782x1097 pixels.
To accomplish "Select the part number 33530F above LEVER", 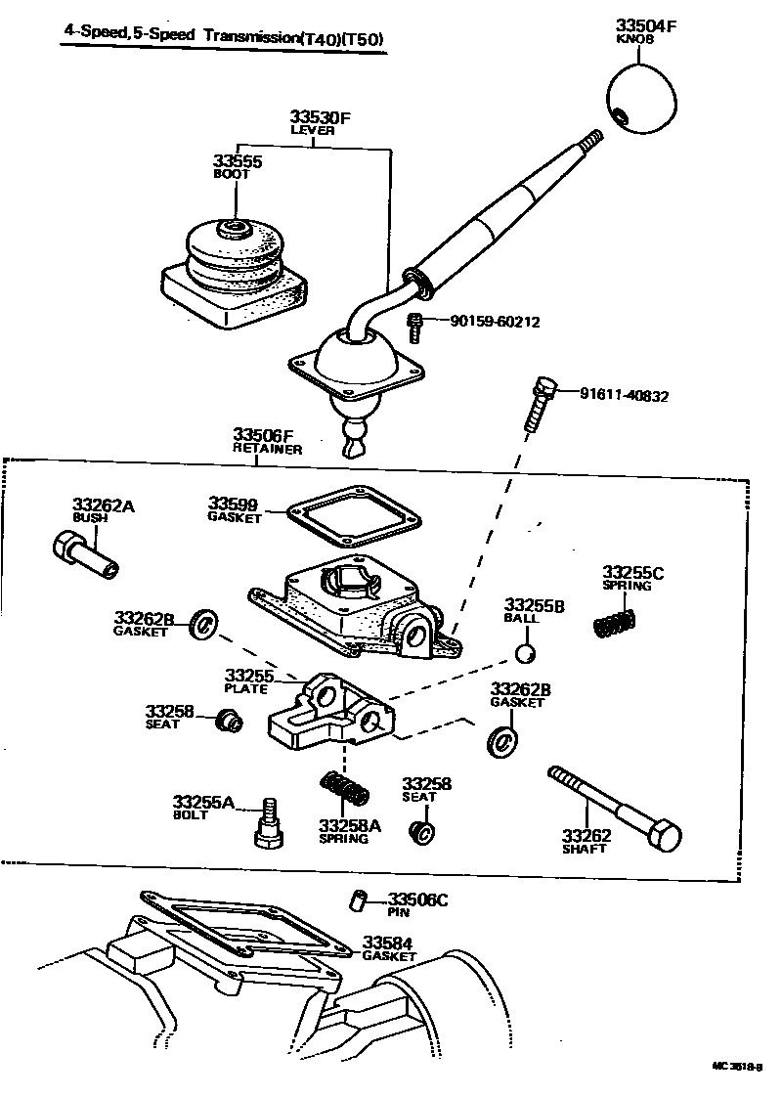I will [319, 117].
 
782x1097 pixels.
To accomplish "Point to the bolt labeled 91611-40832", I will [541, 403].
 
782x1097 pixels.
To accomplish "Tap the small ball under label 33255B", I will [526, 653].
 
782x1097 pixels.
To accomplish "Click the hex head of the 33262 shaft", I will [664, 837].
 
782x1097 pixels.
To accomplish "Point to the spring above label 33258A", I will [344, 787].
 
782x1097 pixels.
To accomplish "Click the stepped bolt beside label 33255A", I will [267, 823].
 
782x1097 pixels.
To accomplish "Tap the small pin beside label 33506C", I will [358, 900].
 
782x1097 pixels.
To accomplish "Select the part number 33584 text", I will [388, 943].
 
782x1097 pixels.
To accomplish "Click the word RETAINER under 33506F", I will [267, 449].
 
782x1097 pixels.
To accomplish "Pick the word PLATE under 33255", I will [245, 688].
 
